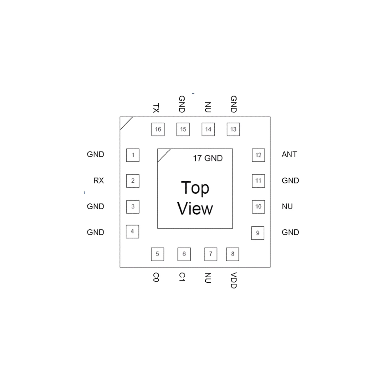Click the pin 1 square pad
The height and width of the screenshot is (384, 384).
pos(133,155)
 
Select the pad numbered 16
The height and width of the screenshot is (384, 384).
pos(158,129)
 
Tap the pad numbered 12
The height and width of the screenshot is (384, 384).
pos(258,155)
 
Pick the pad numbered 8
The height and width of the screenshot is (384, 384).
pos(233,254)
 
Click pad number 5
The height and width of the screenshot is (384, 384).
pos(157,254)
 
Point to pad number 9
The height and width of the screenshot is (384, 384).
pos(258,233)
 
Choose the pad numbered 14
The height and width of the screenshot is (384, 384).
pos(208,129)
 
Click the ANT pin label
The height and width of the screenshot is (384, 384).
pos(289,154)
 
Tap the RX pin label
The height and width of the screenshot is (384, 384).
pos(99,180)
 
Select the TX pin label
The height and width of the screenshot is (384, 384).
pos(156,108)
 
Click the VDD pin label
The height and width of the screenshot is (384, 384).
pos(233,280)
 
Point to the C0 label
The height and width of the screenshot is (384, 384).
pos(156,277)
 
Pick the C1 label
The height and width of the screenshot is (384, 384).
pos(182,277)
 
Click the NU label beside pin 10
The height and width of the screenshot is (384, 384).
pos(287,206)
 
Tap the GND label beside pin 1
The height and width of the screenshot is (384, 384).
pos(95,154)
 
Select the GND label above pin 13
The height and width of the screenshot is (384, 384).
pos(233,104)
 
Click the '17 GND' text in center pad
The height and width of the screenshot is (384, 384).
pos(208,158)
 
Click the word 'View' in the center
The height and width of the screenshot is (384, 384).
pos(195,209)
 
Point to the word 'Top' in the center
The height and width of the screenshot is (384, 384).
pos(195,188)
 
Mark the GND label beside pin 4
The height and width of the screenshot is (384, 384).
pos(95,232)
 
